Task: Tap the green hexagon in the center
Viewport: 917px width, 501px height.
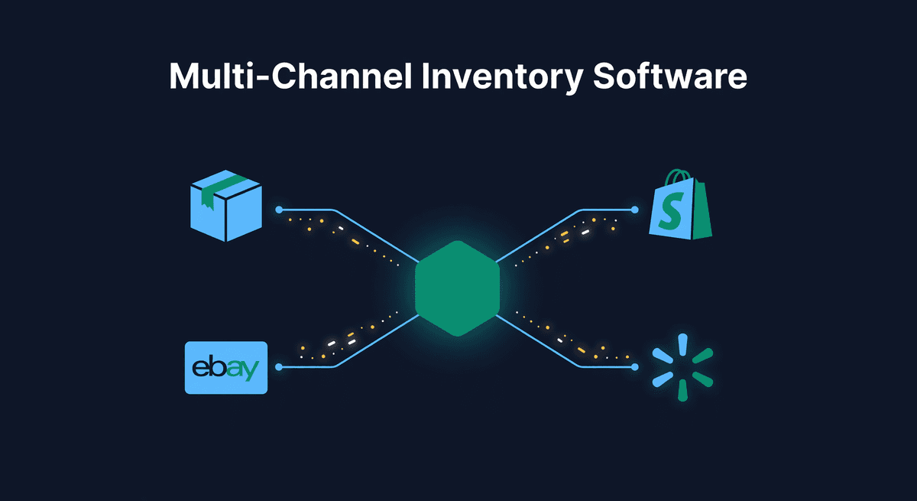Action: point(457,288)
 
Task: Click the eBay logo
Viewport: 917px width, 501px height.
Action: point(225,367)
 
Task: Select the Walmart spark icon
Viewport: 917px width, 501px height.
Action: point(682,367)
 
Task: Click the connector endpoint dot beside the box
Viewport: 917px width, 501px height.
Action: point(280,209)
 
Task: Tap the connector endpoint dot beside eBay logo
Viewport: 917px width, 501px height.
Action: point(280,367)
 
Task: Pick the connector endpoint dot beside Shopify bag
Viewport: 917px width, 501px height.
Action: point(634,209)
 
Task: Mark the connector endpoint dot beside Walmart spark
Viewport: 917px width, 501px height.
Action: point(634,367)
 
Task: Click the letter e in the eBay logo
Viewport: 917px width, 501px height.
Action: point(201,369)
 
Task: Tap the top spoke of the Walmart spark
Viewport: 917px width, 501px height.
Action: point(682,341)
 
